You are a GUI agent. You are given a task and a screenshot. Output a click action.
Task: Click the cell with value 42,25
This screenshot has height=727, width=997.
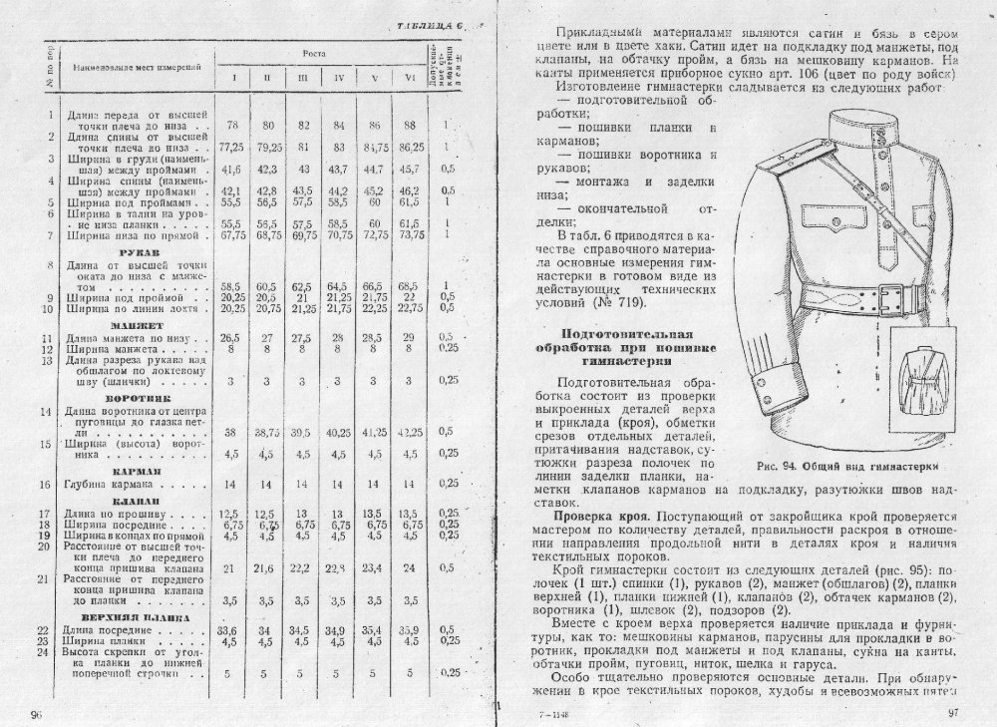pyautogui.click(x=410, y=434)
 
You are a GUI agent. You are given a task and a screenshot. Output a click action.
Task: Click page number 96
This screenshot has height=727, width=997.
pyautogui.click(x=37, y=714)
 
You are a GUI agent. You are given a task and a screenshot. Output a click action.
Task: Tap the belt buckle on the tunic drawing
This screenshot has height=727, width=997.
pyautogui.click(x=879, y=295)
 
